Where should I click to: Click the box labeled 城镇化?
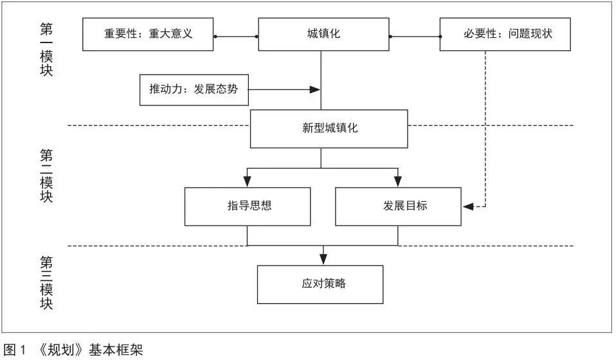tap(323, 34)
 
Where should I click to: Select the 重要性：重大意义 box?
tap(148, 34)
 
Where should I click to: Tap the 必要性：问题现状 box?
tap(505, 34)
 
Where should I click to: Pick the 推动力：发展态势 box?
tap(194, 90)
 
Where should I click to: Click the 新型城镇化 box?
tap(329, 129)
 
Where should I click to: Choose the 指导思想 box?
tap(248, 206)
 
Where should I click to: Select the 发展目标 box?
tap(398, 206)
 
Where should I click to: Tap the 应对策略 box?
tap(320, 285)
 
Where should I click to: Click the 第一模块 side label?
tap(46, 50)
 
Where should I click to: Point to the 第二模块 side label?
tap(46, 175)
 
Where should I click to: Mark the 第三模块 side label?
tap(46, 283)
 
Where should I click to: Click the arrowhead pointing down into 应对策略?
tap(323, 259)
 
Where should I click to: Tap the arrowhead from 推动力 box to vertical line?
tap(315, 90)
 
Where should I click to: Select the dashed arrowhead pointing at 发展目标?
tap(468, 206)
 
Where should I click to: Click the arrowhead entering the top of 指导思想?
tap(247, 181)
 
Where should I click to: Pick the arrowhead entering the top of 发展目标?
tap(398, 181)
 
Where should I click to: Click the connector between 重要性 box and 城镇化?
tap(236, 37)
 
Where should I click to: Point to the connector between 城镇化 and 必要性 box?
tap(415, 37)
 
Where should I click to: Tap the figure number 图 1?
tap(15, 350)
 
